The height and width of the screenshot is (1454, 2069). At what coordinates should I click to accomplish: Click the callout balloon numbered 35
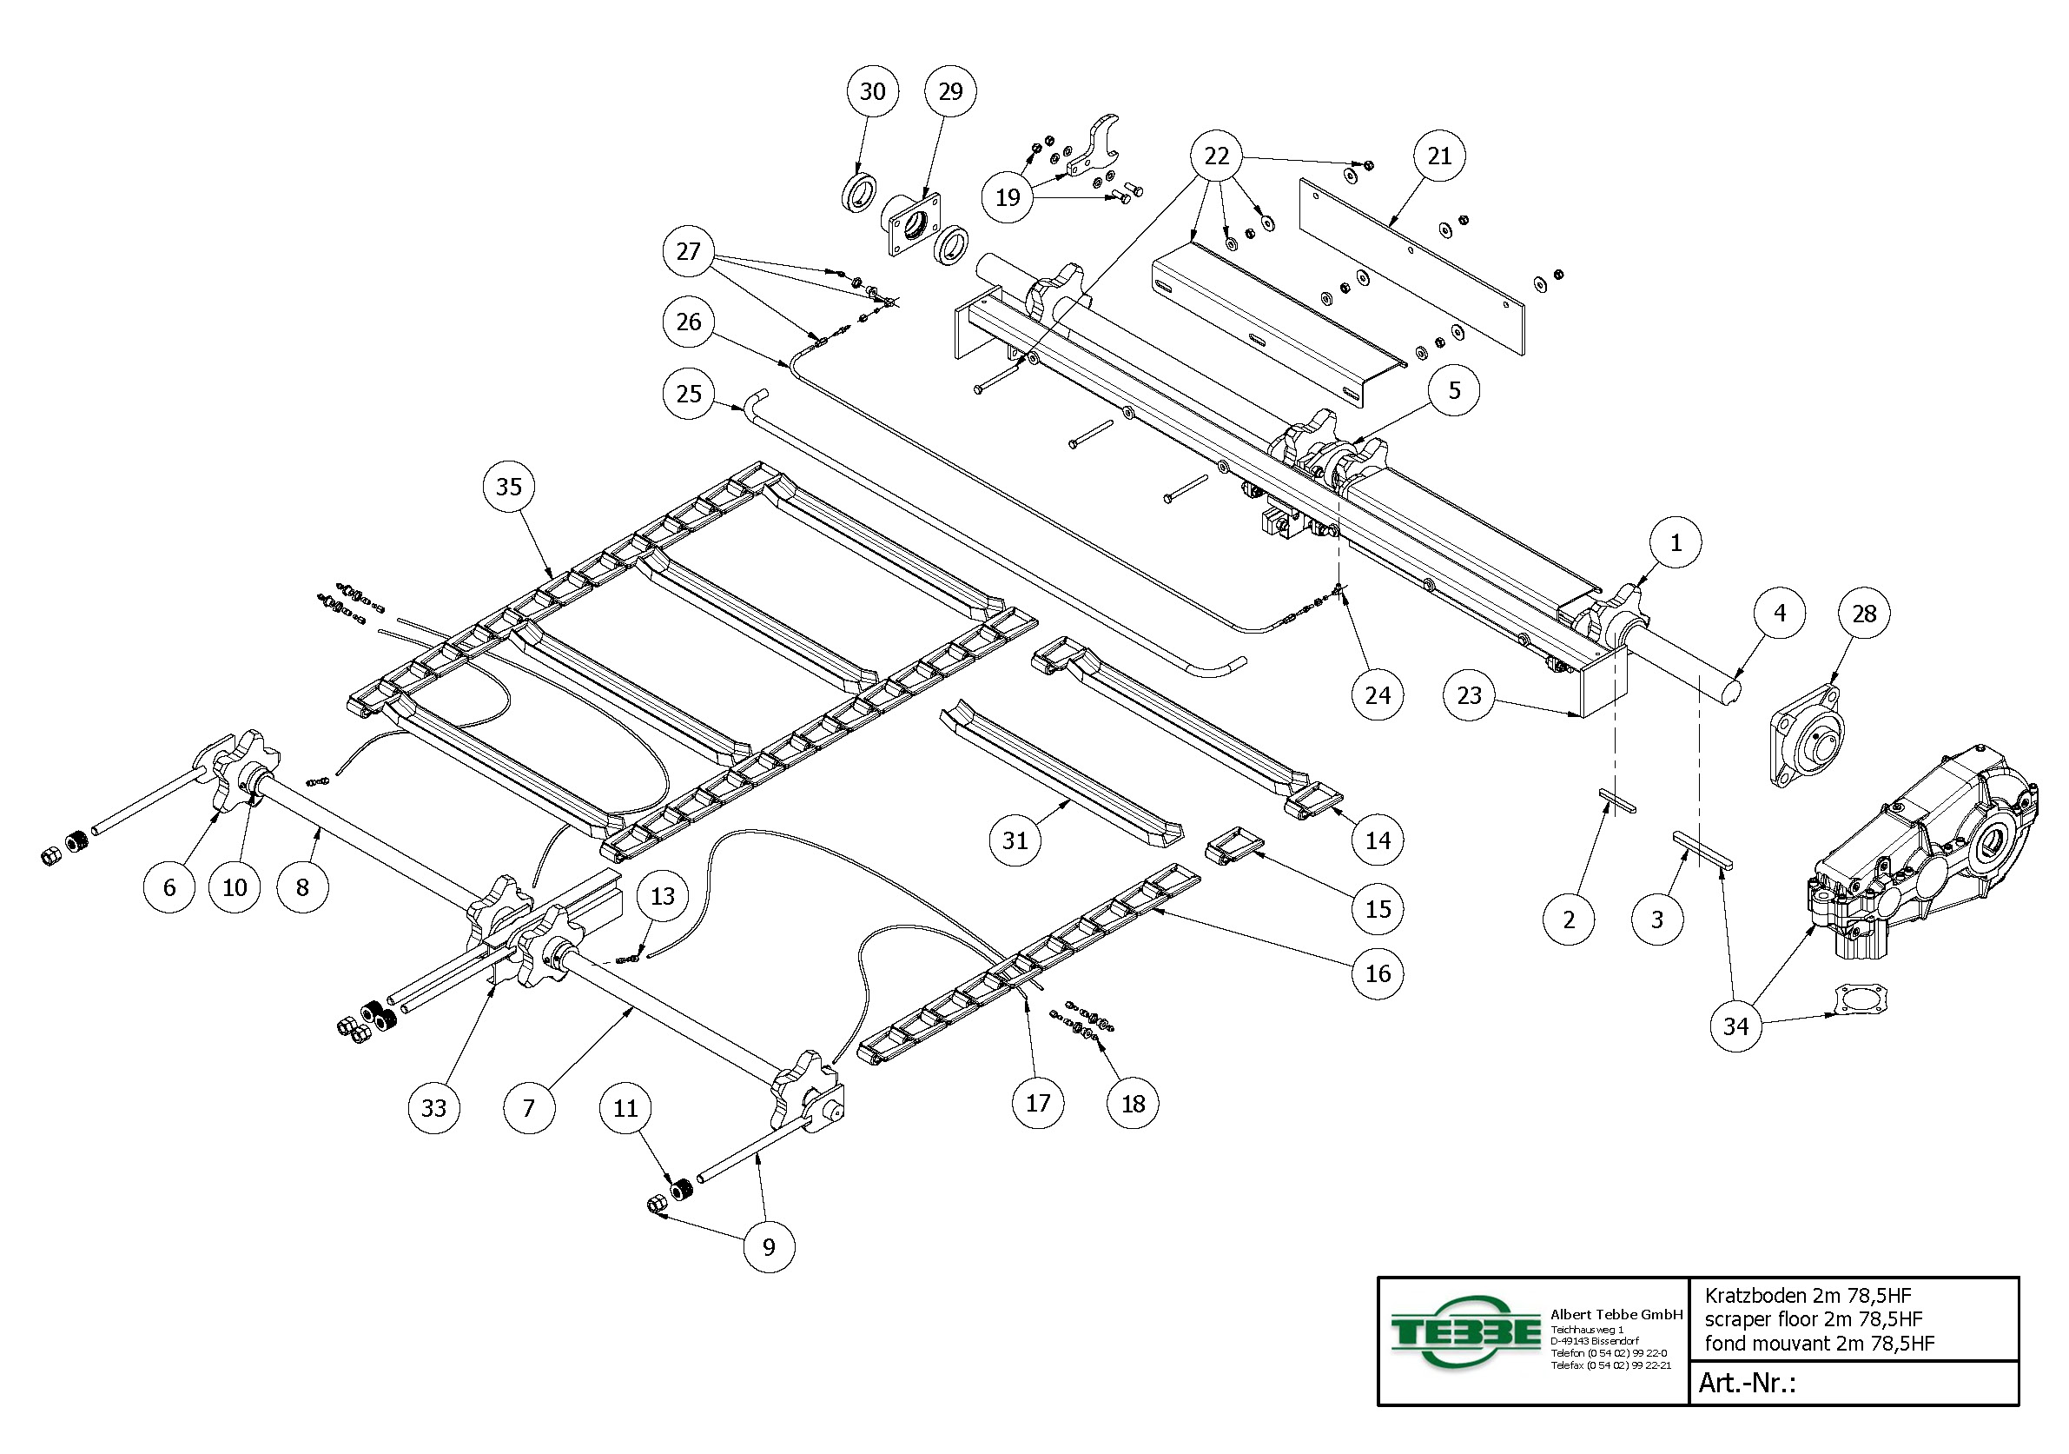tap(509, 487)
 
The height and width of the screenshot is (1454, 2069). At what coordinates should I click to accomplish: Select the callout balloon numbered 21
tap(1439, 156)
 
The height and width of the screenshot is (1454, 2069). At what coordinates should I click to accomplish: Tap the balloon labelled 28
tap(1863, 614)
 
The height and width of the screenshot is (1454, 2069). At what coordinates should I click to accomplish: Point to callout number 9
tap(769, 1246)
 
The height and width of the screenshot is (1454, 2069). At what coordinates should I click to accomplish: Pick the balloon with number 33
tap(433, 1108)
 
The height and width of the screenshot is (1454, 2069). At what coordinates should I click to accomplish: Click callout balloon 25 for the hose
tap(689, 394)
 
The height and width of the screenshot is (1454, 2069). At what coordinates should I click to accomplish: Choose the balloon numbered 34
tap(1735, 1026)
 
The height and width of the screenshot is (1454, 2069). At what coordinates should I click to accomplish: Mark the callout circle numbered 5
tap(1454, 390)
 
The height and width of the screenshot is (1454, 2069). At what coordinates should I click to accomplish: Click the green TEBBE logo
tap(1464, 1333)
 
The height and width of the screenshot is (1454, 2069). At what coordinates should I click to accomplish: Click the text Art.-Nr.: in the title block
tap(1747, 1383)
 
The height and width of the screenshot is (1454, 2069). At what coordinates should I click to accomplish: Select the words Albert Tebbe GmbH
tap(1616, 1314)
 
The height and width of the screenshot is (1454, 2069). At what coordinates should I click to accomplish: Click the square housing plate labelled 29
tap(912, 225)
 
